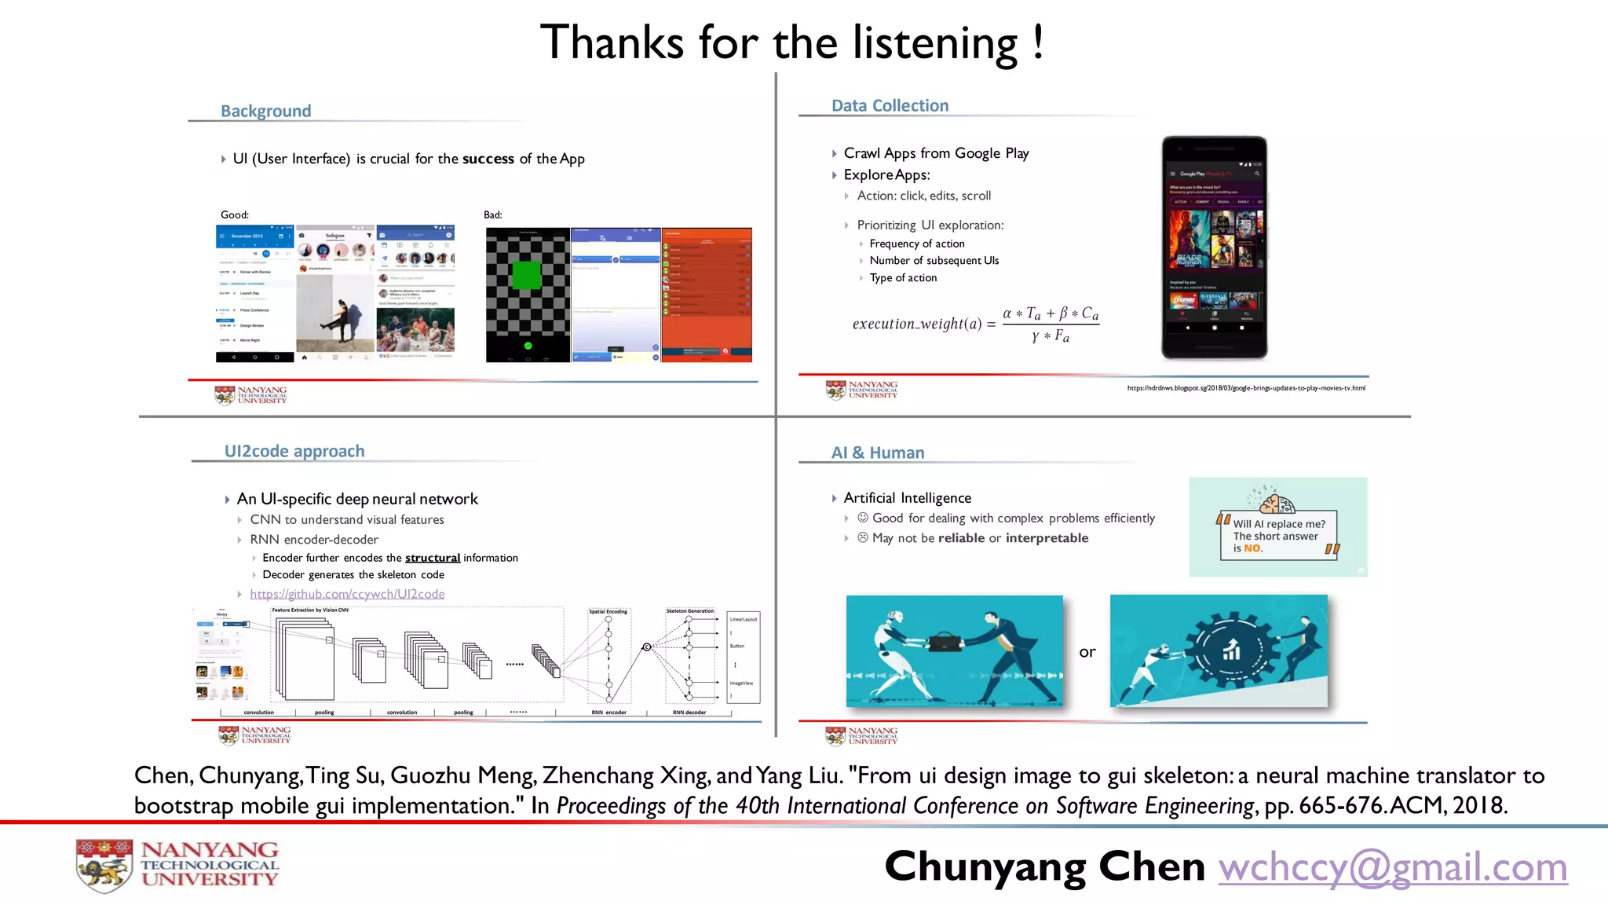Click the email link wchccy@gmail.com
1392,867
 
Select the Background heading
265,111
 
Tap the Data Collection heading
890,105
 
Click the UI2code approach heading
294,451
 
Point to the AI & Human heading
878,452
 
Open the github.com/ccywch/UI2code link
347,594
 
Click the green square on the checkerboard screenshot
526,275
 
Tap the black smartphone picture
1214,247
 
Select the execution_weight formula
975,324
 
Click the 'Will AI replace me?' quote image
1277,527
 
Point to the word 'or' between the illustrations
1087,652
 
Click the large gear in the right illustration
1229,650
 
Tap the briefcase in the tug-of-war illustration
945,642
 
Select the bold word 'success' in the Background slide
488,159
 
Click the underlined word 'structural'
433,558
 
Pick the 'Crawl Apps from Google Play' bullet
936,153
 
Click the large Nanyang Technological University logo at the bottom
177,865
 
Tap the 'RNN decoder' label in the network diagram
689,713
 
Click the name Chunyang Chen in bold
1044,867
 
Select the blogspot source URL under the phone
1246,388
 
